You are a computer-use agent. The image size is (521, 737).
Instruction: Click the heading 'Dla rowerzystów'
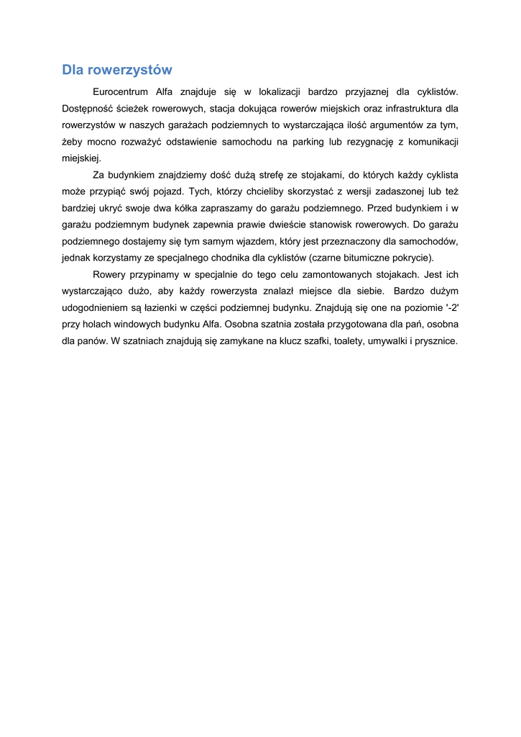(x=117, y=70)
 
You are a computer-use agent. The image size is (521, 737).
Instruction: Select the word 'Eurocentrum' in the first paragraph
(x=121, y=92)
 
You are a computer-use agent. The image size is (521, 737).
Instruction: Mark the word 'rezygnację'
(x=370, y=142)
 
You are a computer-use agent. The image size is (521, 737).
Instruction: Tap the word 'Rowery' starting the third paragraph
(x=109, y=274)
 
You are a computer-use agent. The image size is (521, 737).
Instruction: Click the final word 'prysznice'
(x=435, y=340)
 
